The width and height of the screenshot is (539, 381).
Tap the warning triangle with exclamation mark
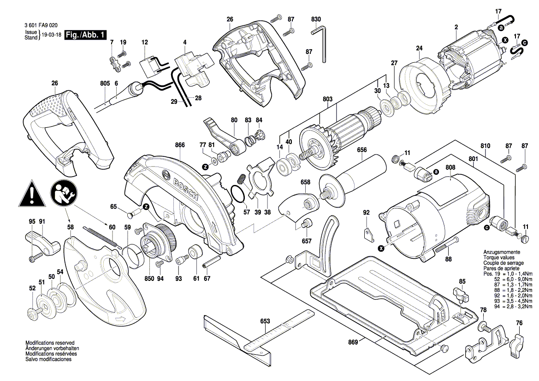pyautogui.click(x=31, y=195)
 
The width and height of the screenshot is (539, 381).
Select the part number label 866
pyautogui.click(x=180, y=145)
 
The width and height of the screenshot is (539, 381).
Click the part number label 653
pyautogui.click(x=265, y=321)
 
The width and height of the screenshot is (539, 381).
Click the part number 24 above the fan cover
pyautogui.click(x=419, y=48)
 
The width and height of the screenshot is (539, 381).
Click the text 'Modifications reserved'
pyautogui.click(x=50, y=343)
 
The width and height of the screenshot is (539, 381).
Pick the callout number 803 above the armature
pyautogui.click(x=328, y=99)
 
